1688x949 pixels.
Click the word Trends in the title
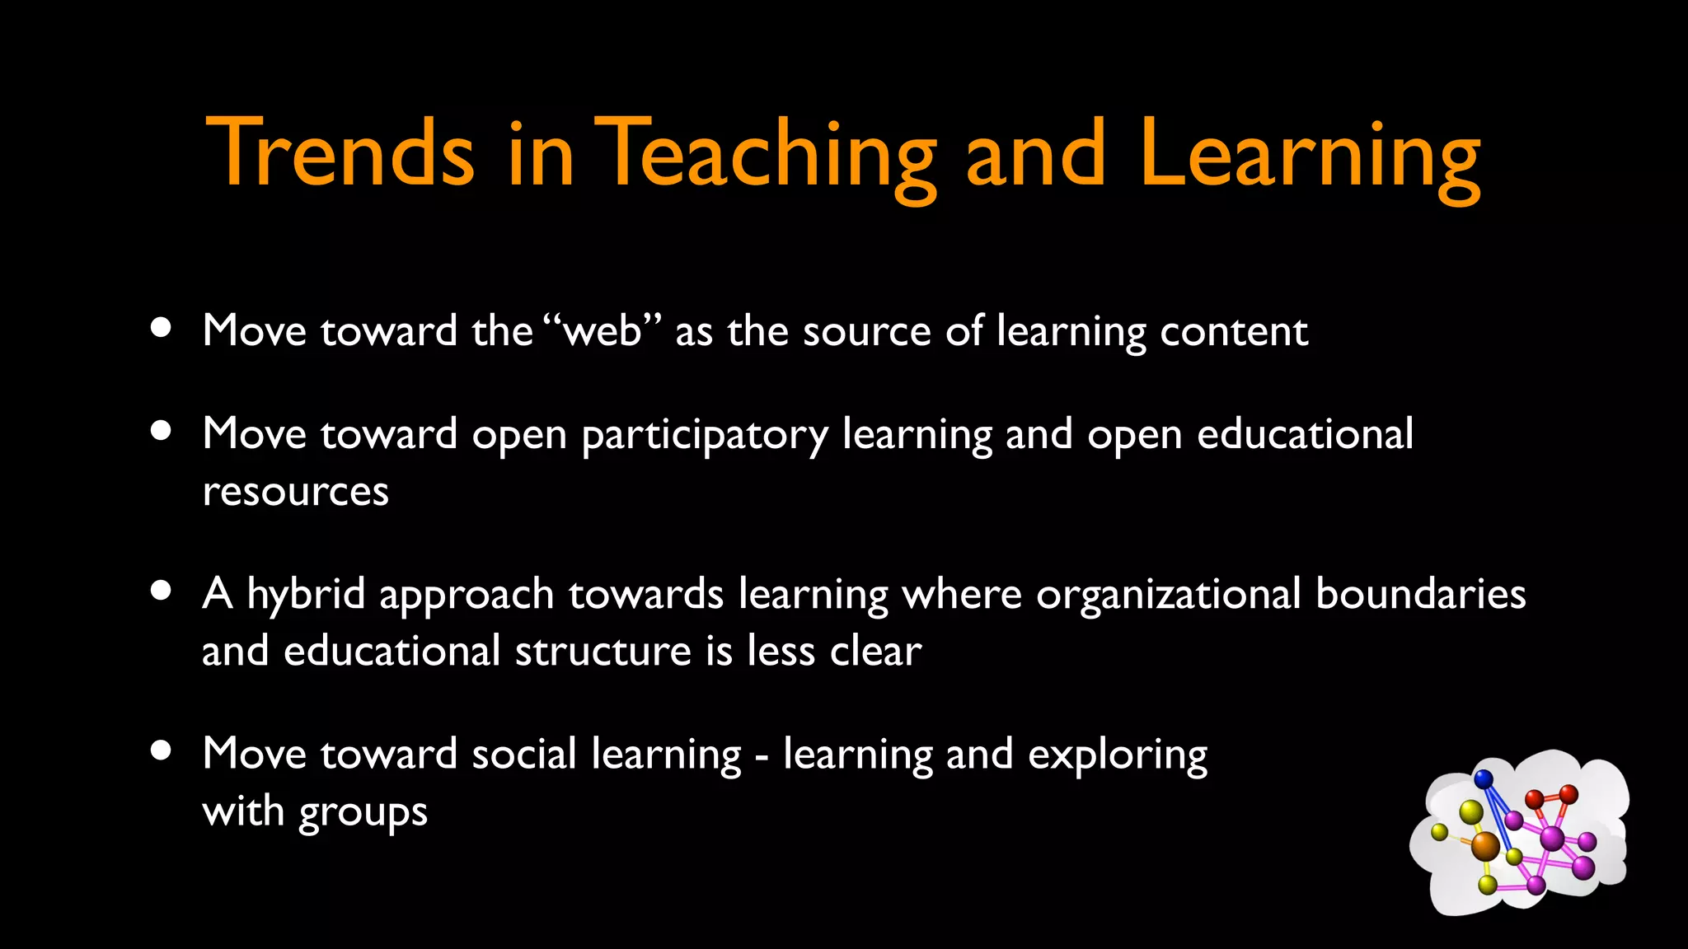coord(340,153)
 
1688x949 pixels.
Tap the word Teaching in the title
coord(765,157)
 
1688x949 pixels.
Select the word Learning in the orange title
coord(1311,157)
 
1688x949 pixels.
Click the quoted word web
coord(603,331)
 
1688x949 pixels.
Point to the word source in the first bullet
coord(867,332)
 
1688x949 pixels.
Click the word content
coord(1234,331)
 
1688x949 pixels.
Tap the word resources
coord(295,492)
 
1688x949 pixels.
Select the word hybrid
coord(306,594)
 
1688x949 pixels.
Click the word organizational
coord(1169,596)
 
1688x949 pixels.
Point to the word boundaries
coord(1420,594)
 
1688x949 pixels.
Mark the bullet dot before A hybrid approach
coord(162,590)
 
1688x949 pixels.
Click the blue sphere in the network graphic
coord(1484,778)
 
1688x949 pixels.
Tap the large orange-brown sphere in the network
coord(1485,845)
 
